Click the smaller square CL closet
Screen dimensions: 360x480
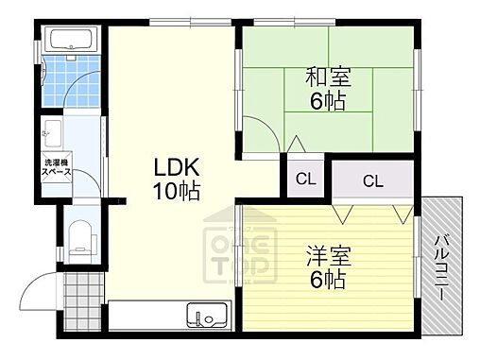tap(305, 179)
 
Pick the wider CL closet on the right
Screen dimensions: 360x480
tap(372, 180)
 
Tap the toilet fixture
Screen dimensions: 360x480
tap(78, 236)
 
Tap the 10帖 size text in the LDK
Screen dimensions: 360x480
tap(177, 192)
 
